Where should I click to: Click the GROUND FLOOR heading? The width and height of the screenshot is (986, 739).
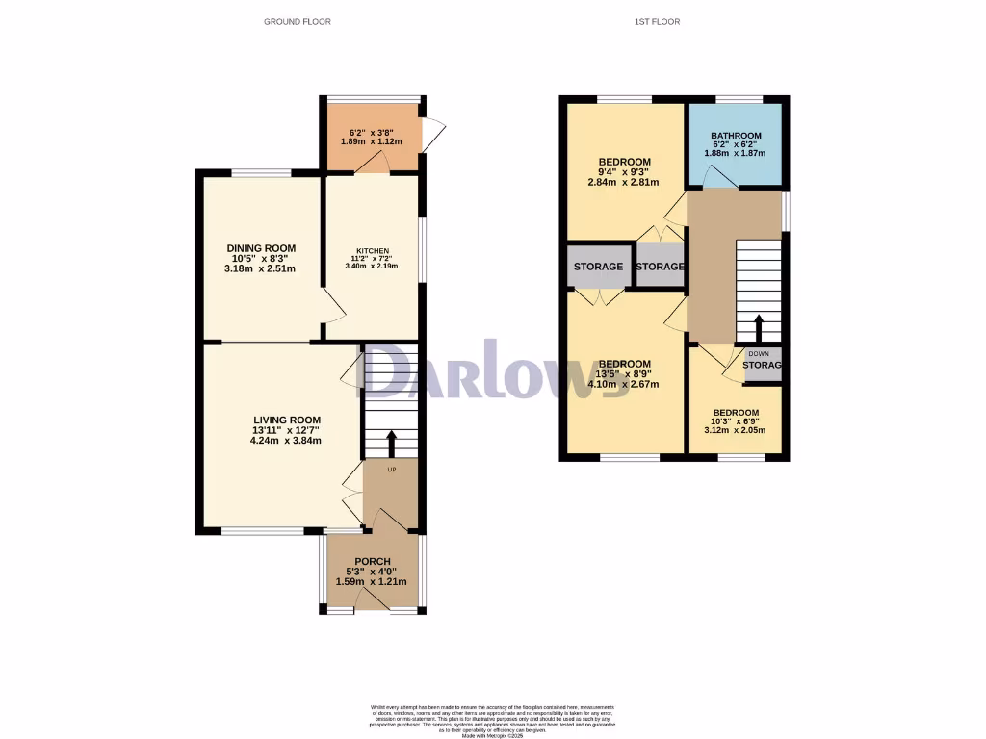pos(298,21)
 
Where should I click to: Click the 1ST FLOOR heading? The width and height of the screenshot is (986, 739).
pos(659,21)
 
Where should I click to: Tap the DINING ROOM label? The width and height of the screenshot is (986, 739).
pos(261,248)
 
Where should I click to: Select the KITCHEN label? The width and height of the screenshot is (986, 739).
pos(371,251)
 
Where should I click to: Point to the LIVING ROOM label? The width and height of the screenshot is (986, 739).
pos(286,420)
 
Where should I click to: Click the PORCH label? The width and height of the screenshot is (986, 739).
pos(372,562)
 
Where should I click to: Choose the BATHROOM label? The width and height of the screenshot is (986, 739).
pos(737,136)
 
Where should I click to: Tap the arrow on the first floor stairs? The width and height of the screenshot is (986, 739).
pos(758,328)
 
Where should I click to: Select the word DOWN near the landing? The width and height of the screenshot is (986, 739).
pos(759,353)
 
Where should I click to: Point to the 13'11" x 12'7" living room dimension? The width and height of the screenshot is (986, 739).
pos(286,430)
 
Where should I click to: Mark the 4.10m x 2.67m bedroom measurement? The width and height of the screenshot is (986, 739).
pos(624,384)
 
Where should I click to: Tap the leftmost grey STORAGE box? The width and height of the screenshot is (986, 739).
pos(598,267)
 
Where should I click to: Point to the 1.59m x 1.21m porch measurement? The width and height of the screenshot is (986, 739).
pos(372,581)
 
